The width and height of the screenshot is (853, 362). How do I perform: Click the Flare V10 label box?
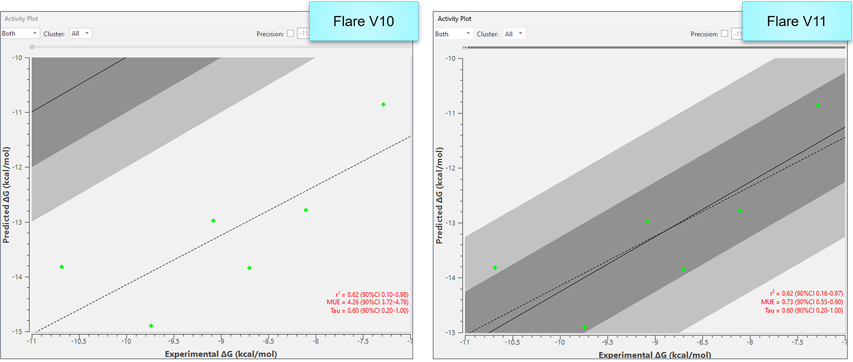364,21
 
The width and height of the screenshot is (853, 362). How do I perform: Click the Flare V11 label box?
796,21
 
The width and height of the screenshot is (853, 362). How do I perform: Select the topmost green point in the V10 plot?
383,104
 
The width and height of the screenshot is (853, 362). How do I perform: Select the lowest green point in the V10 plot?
151,326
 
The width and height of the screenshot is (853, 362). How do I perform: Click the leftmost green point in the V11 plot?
495,268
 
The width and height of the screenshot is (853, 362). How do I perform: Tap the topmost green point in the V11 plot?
818,105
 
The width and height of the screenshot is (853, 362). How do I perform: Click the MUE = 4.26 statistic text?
367,302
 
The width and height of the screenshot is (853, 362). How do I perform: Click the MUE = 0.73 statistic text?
802,302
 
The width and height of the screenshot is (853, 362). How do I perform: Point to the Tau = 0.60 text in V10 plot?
369,311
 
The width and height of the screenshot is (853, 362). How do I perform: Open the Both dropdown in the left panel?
20,34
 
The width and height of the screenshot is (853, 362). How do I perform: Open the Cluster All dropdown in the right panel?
514,34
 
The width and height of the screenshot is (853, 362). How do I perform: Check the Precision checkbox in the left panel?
291,34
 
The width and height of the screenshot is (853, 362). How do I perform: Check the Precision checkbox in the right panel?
725,34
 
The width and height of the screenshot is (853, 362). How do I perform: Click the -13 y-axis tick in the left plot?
18,222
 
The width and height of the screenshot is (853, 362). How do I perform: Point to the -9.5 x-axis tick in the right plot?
607,342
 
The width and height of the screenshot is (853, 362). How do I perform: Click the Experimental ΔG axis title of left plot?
221,354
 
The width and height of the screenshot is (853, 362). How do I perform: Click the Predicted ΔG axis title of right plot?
439,196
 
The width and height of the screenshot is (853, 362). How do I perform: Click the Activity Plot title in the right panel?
454,19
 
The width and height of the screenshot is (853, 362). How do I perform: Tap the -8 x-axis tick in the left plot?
316,341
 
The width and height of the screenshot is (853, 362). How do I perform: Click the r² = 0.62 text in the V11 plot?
806,293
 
